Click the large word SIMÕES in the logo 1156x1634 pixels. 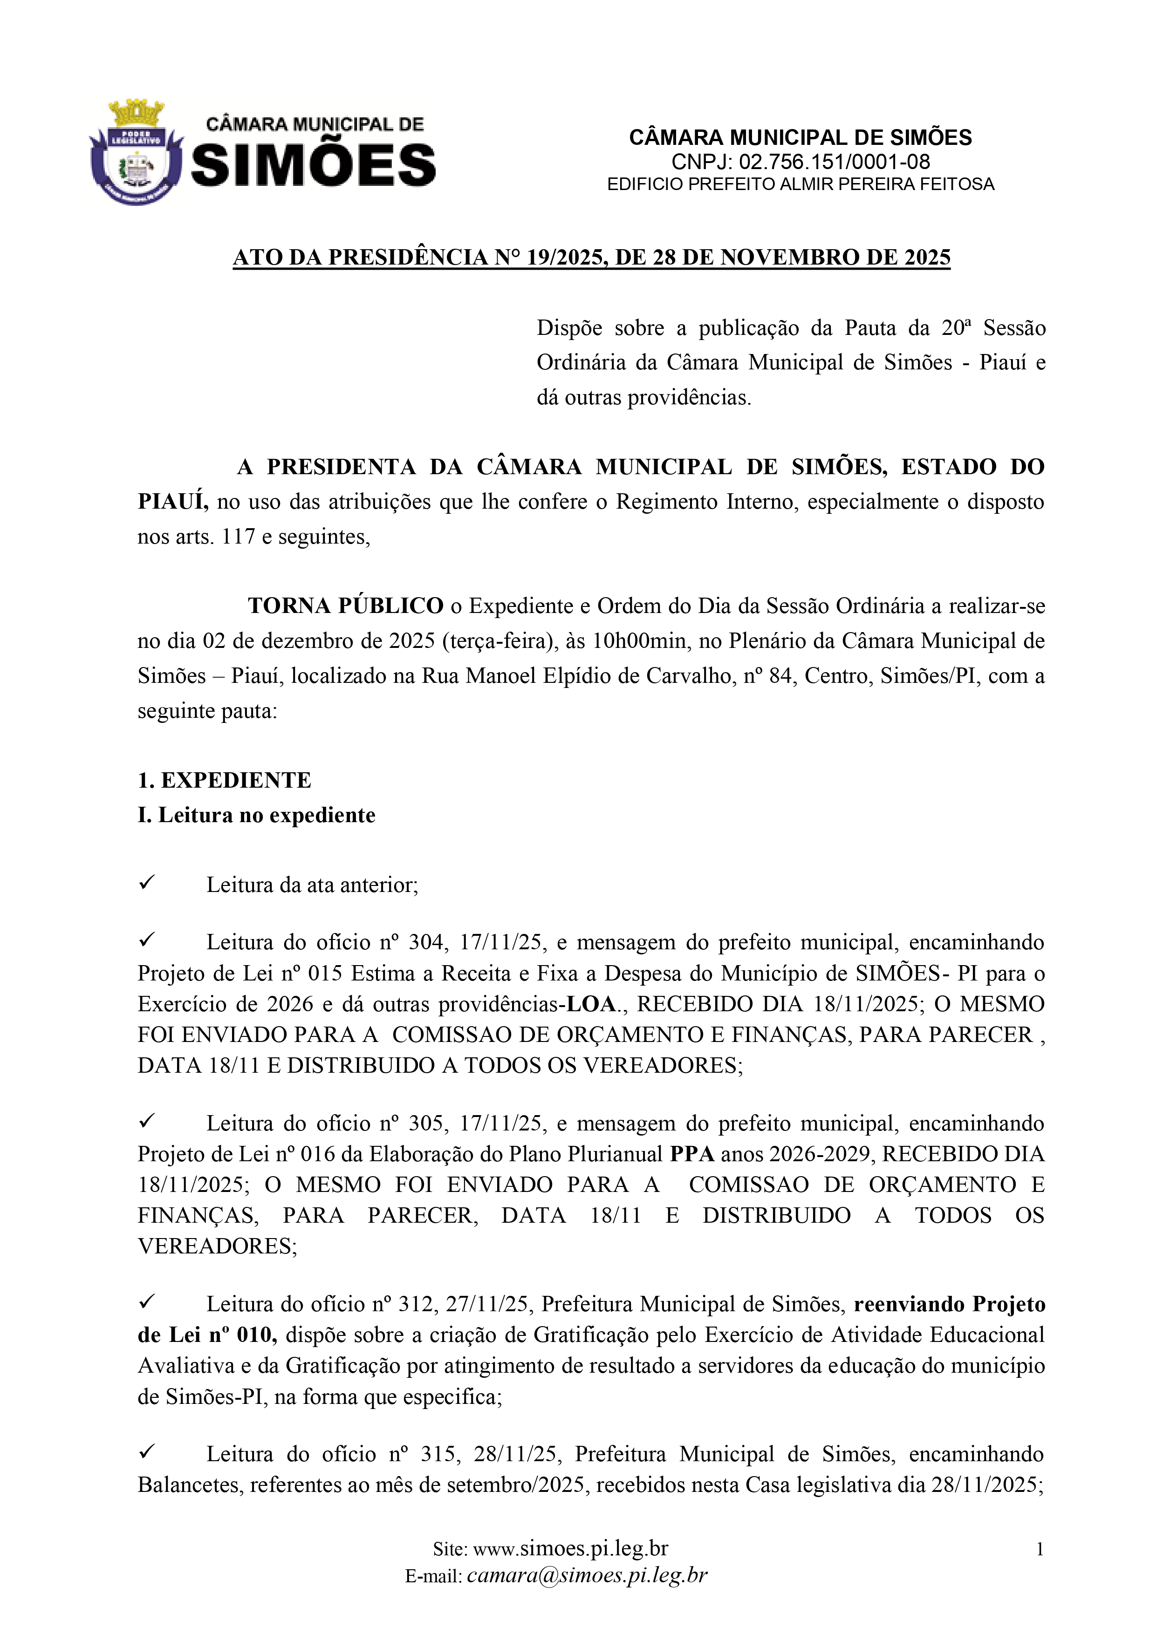point(313,165)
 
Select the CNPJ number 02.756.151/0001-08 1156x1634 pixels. point(834,162)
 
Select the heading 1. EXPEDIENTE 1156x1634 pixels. point(224,780)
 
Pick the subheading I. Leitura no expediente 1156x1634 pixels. point(256,815)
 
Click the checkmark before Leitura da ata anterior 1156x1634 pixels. point(147,883)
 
